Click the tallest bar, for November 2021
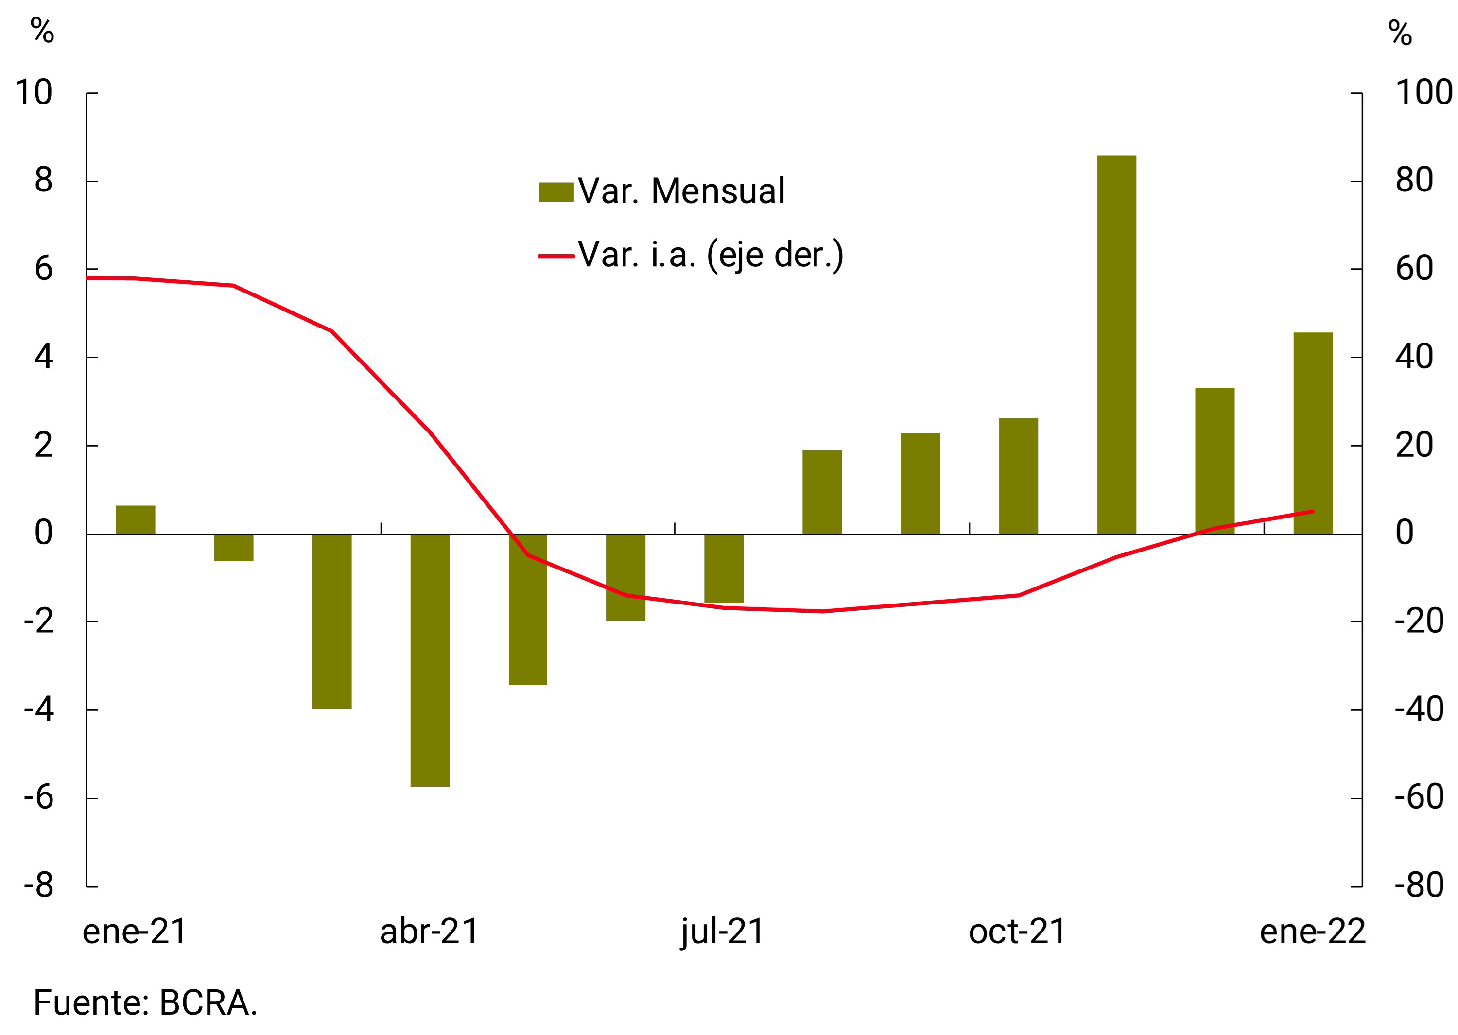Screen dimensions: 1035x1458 [1116, 344]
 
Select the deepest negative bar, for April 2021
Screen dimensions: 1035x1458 [430, 659]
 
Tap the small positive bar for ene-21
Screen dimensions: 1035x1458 [135, 519]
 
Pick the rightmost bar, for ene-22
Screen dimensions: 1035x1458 [1313, 433]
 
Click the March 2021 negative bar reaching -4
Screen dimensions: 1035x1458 [332, 621]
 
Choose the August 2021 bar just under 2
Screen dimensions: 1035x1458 [821, 492]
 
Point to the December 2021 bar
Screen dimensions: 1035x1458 [1215, 460]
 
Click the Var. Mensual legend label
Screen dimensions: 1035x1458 [680, 191]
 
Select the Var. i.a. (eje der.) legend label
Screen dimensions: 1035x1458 [710, 255]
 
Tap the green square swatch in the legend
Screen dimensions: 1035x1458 [555, 192]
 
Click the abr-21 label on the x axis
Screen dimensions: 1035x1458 [429, 932]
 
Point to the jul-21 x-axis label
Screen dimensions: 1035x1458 [722, 932]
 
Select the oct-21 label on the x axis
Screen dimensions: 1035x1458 [1017, 932]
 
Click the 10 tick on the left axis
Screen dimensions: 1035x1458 [34, 93]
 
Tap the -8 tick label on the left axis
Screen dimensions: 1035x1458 [39, 885]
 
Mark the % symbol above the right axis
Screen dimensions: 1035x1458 [1400, 33]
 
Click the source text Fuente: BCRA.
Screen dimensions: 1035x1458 [145, 1002]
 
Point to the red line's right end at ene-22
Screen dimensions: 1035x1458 [1313, 511]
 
